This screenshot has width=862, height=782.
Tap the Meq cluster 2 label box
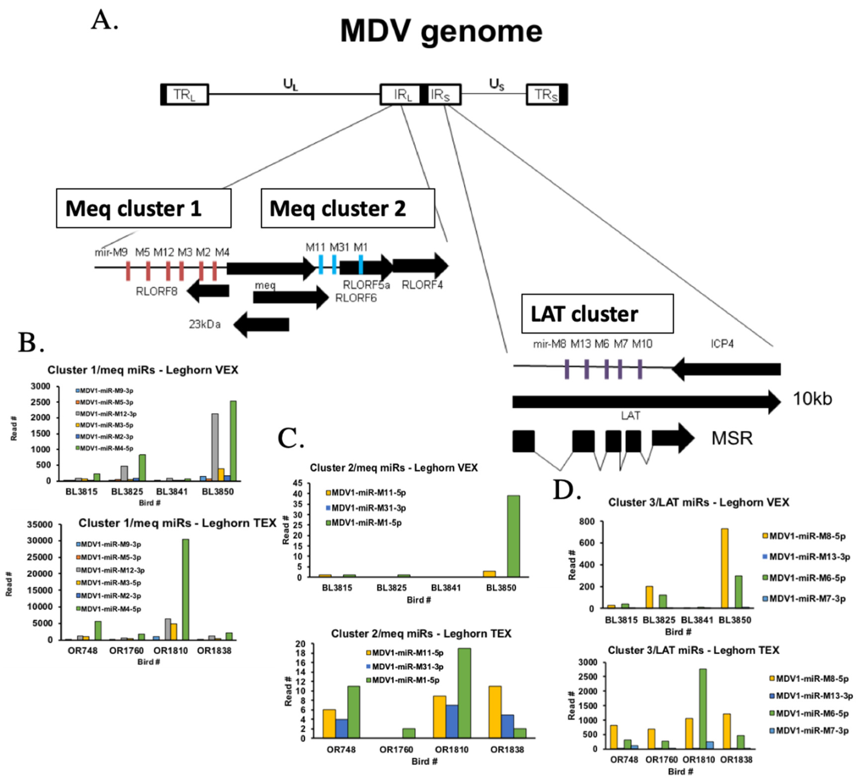click(x=348, y=208)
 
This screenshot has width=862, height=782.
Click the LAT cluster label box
click(x=597, y=313)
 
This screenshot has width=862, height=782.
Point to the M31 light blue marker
click(x=334, y=264)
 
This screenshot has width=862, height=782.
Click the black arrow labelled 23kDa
click(x=262, y=324)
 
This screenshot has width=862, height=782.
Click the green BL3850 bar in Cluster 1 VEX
click(x=233, y=440)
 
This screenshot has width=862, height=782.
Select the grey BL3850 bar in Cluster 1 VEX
click(x=215, y=447)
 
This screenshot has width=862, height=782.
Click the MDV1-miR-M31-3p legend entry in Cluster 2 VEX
click(x=366, y=508)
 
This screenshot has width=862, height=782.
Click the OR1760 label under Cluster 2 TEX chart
click(x=396, y=749)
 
